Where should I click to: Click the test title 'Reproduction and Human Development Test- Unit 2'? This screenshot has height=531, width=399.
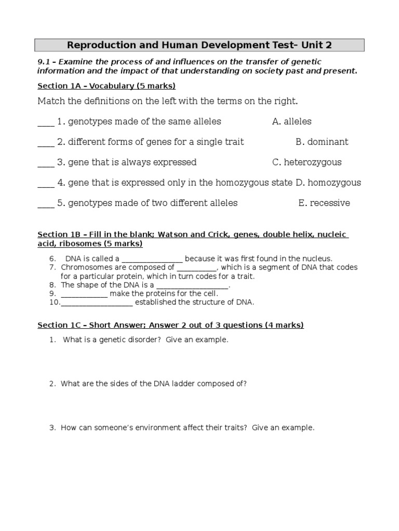point(199,45)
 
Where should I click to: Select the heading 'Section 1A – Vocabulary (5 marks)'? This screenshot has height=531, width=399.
point(107,86)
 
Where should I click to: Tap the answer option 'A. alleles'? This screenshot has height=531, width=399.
point(291,121)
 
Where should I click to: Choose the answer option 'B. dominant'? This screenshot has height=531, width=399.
point(322,142)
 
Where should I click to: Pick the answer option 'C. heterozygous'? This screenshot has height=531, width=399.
point(307,162)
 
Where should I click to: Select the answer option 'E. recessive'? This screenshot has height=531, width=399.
point(324,203)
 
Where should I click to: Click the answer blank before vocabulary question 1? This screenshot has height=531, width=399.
point(46,123)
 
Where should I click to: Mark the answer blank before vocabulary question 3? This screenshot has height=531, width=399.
point(46,164)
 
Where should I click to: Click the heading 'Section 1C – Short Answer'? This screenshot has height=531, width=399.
point(170,325)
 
